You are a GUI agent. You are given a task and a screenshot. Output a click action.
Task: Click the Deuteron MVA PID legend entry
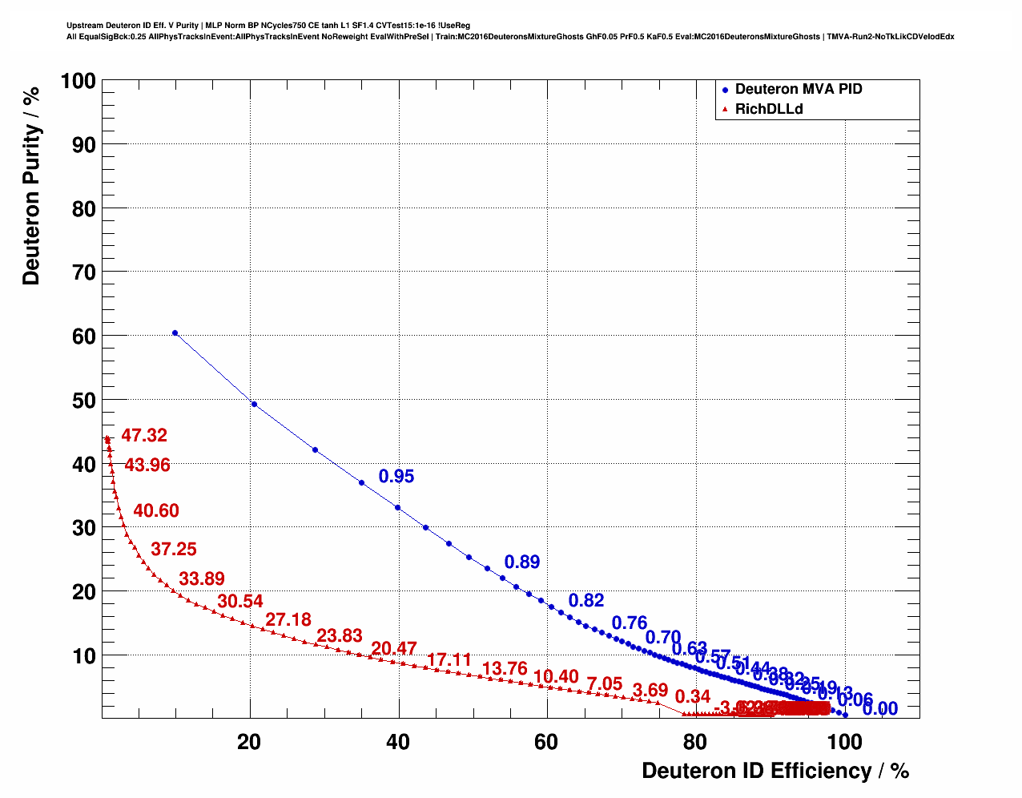pos(798,89)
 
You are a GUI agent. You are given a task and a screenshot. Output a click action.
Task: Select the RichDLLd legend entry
pos(768,109)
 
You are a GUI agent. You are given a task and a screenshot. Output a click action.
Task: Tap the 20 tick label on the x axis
pos(250,742)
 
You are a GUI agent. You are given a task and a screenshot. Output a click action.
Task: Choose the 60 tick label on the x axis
pos(546,742)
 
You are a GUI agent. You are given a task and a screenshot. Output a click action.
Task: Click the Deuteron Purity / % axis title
pos(31,186)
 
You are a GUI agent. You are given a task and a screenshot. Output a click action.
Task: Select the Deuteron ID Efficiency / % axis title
pos(775,771)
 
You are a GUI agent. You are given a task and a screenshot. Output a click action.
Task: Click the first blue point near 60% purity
pos(175,332)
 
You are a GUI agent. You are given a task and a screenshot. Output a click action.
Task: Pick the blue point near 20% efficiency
pos(255,404)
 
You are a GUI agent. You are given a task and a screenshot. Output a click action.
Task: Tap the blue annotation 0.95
pos(396,477)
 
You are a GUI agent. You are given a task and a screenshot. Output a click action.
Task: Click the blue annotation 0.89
pos(522,562)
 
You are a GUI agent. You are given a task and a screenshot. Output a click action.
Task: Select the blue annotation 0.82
pos(586,601)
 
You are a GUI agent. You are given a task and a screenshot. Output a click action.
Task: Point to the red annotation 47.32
pos(144,436)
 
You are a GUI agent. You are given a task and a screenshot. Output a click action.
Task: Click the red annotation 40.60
pos(156,511)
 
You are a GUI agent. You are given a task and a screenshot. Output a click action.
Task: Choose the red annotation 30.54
pos(240,602)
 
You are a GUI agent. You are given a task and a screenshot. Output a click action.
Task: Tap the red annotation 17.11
pos(449,660)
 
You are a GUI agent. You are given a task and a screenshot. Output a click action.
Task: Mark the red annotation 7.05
pos(605,684)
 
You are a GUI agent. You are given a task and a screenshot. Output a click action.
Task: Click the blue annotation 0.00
pos(880,709)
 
